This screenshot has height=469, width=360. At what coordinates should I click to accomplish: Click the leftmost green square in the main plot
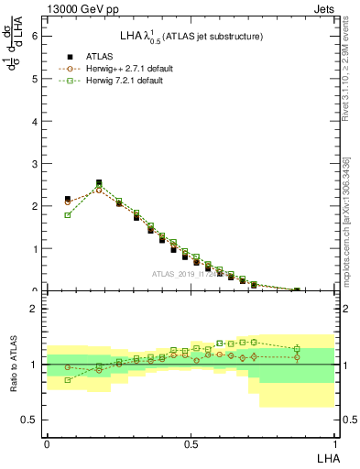(x=68, y=215)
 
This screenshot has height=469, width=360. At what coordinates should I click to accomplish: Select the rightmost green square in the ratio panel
(x=297, y=349)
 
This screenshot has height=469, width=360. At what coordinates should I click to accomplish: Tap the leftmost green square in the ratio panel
(x=68, y=379)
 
